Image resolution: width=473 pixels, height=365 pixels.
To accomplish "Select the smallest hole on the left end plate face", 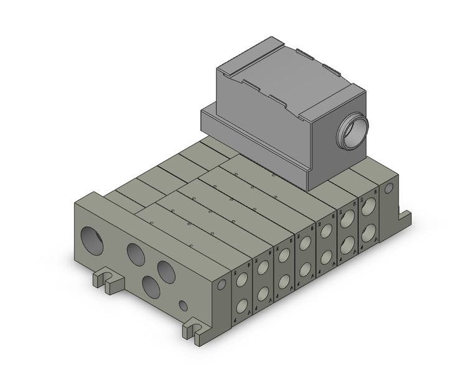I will pyautogui.click(x=183, y=305).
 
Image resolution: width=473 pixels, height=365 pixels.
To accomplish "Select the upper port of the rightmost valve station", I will pyautogui.click(x=368, y=207).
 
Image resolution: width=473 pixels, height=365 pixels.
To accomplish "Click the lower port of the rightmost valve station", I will pyautogui.click(x=368, y=232).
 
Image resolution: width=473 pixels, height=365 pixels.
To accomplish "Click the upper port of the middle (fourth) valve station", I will pyautogui.click(x=304, y=244).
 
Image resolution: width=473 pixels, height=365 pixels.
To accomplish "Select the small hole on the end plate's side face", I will pyautogui.click(x=222, y=284).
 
